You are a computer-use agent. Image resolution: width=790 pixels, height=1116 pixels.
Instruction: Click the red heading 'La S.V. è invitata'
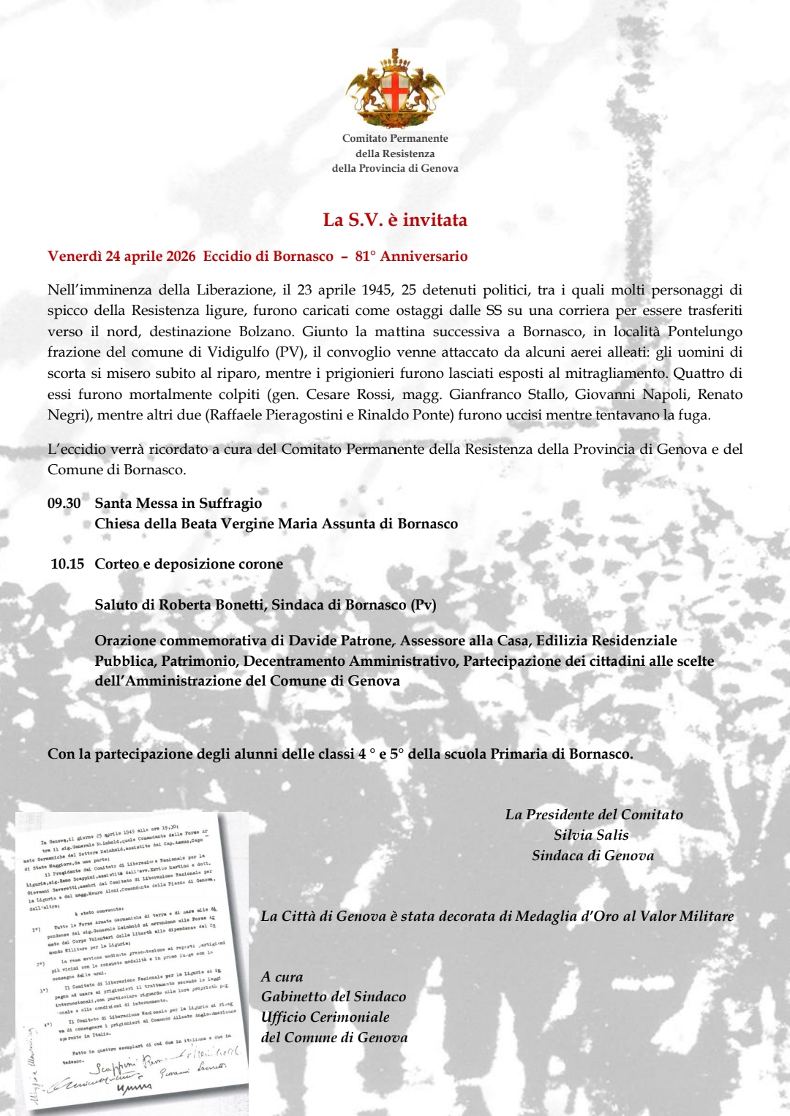395,220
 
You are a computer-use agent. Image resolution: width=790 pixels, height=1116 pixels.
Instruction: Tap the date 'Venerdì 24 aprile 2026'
121,257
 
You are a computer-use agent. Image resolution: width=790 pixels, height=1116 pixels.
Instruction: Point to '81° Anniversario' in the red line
411,257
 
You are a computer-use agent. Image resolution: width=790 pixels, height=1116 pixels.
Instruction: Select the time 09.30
64,504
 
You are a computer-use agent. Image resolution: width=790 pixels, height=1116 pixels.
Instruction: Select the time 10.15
67,564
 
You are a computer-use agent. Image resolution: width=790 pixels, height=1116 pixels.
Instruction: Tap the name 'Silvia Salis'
591,835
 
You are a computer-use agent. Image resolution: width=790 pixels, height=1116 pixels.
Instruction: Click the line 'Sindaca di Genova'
592,855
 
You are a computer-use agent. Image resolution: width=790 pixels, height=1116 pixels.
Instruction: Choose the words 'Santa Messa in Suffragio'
178,504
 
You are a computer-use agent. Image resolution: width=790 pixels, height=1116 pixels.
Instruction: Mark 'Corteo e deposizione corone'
189,564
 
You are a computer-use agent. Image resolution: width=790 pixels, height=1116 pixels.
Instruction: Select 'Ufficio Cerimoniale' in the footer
325,1017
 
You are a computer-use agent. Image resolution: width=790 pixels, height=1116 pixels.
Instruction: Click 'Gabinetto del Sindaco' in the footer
333,997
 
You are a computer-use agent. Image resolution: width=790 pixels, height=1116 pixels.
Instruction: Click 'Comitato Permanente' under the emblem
395,138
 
